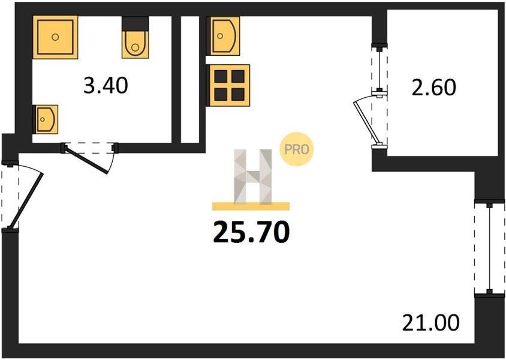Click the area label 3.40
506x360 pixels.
tap(106, 86)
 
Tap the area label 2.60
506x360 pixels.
tap(433, 88)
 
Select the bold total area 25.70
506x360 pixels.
tap(251, 232)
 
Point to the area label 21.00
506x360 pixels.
tap(430, 323)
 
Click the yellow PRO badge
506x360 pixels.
tap(296, 149)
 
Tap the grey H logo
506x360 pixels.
tap(252, 176)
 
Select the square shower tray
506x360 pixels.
tap(56, 37)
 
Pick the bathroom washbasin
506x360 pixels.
tap(46, 119)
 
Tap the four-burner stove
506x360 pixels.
tap(229, 86)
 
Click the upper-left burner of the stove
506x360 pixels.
tap(221, 77)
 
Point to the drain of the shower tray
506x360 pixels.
tap(56, 37)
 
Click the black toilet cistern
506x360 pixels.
tap(135, 24)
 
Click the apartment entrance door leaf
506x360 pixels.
tap(26, 201)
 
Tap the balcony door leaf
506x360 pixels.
tap(366, 122)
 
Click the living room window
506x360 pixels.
tap(490, 248)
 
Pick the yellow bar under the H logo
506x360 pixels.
tap(251, 206)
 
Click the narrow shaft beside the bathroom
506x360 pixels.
tap(189, 79)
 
